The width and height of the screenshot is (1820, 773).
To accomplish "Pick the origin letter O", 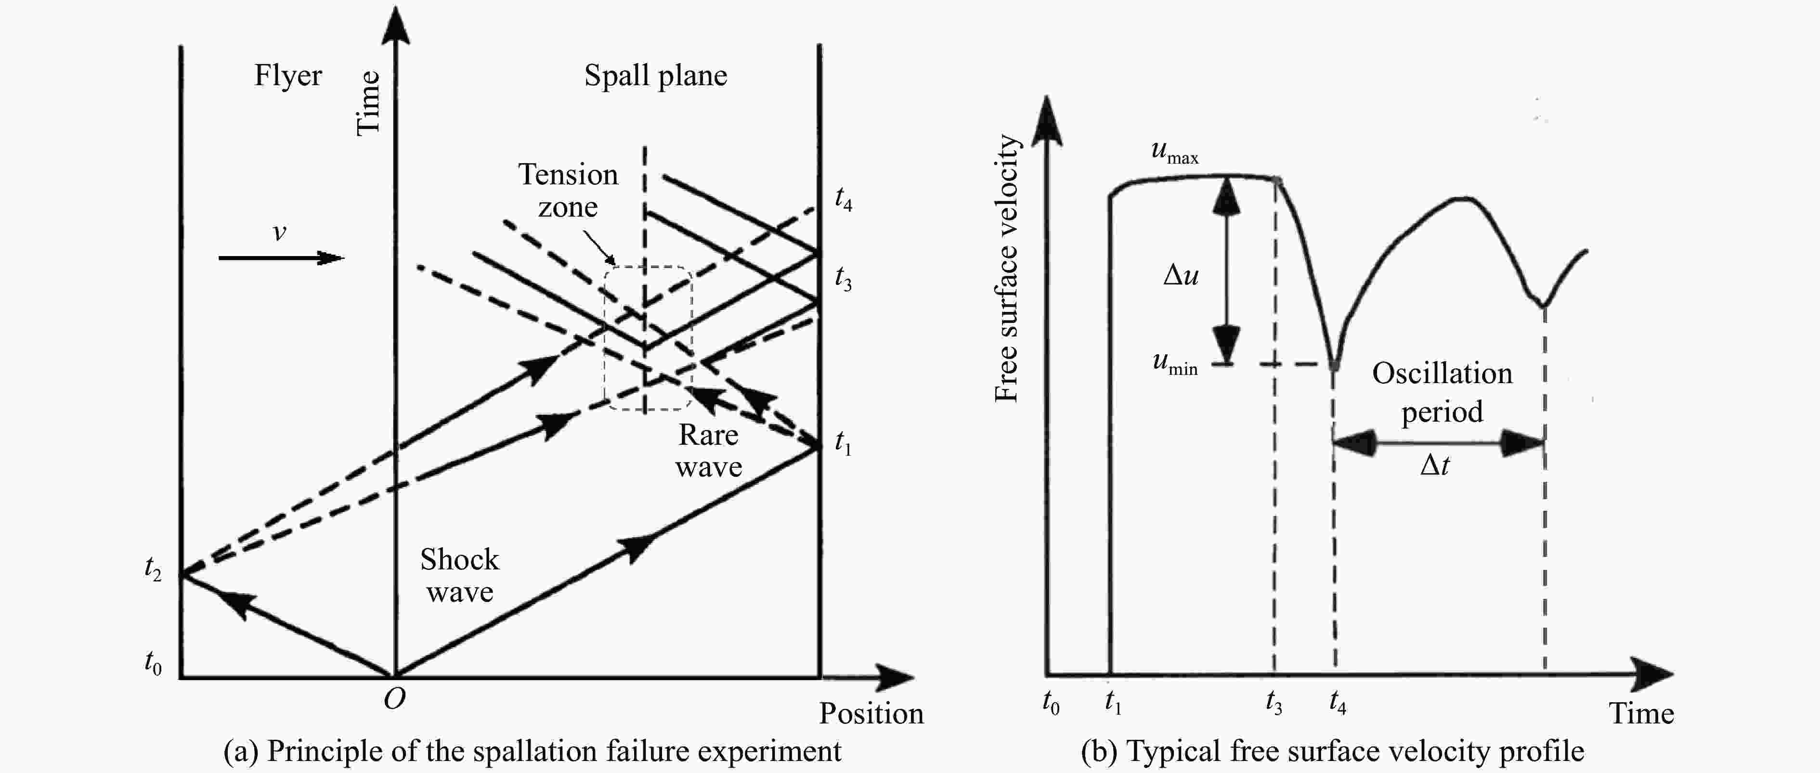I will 394,699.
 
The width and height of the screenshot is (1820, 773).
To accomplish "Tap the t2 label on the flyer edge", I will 153,568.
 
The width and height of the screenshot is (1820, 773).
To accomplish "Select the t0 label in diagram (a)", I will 153,663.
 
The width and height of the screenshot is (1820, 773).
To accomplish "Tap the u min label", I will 1175,363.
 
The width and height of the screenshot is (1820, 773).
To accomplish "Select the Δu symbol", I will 1181,275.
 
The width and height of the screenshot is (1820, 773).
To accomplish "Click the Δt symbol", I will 1435,465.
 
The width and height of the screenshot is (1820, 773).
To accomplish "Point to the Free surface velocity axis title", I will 1006,269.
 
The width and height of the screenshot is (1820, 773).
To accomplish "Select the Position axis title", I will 871,714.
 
